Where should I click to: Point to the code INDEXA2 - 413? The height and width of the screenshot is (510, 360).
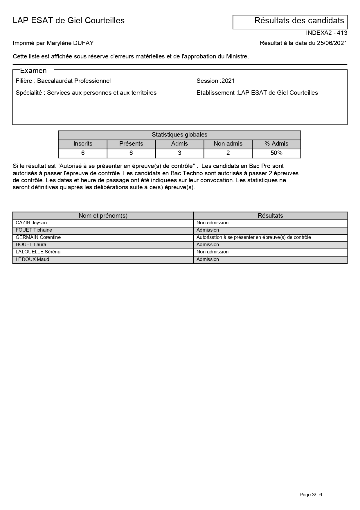[326, 33]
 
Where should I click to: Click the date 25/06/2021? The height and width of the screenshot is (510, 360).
[332, 43]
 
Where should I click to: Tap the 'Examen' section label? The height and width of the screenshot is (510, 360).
[33, 71]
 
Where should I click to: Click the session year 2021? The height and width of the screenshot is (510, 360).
[228, 81]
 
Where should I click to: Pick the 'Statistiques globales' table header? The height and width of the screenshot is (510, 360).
[179, 135]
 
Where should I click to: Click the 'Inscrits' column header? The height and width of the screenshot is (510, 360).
[83, 144]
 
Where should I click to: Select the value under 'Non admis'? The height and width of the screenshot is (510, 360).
[228, 153]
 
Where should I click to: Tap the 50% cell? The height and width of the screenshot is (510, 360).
[276, 153]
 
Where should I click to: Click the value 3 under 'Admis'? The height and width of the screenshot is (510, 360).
[179, 153]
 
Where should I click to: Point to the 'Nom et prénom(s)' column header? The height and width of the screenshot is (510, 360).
[103, 216]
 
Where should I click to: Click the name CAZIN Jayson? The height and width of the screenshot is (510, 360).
[31, 223]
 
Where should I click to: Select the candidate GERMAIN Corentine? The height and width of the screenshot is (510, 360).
[38, 237]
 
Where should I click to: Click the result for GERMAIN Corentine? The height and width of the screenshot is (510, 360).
[253, 237]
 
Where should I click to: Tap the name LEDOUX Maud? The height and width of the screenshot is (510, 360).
[32, 260]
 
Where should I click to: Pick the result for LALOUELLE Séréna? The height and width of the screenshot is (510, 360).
[212, 252]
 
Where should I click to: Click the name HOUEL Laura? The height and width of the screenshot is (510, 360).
[31, 245]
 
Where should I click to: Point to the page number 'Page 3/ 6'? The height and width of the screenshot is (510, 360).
[311, 495]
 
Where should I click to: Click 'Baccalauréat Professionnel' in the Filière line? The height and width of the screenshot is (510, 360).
[74, 81]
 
